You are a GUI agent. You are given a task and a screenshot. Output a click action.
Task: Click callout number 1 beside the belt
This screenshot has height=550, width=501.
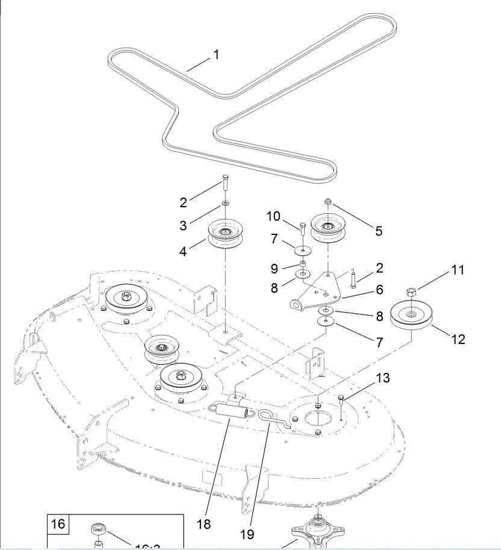click(x=216, y=55)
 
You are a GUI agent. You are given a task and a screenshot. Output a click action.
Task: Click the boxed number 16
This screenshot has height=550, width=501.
click(x=58, y=523)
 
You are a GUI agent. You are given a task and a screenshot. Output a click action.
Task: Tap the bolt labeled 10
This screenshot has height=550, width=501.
click(x=302, y=229)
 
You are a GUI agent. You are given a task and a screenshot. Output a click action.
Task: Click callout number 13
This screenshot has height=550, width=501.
click(x=383, y=378)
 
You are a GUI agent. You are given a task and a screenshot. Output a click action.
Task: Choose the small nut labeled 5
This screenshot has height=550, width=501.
click(x=328, y=203)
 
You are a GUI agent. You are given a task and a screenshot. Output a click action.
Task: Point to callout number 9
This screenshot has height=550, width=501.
click(x=274, y=269)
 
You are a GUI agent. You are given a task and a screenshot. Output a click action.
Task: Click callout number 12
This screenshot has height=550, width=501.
click(x=458, y=339)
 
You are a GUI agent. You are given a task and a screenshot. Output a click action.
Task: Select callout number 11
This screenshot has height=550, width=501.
click(x=458, y=270)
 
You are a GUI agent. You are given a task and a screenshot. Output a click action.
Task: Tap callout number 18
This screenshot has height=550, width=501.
click(x=204, y=523)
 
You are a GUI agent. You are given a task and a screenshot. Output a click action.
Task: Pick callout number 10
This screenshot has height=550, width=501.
click(x=273, y=216)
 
